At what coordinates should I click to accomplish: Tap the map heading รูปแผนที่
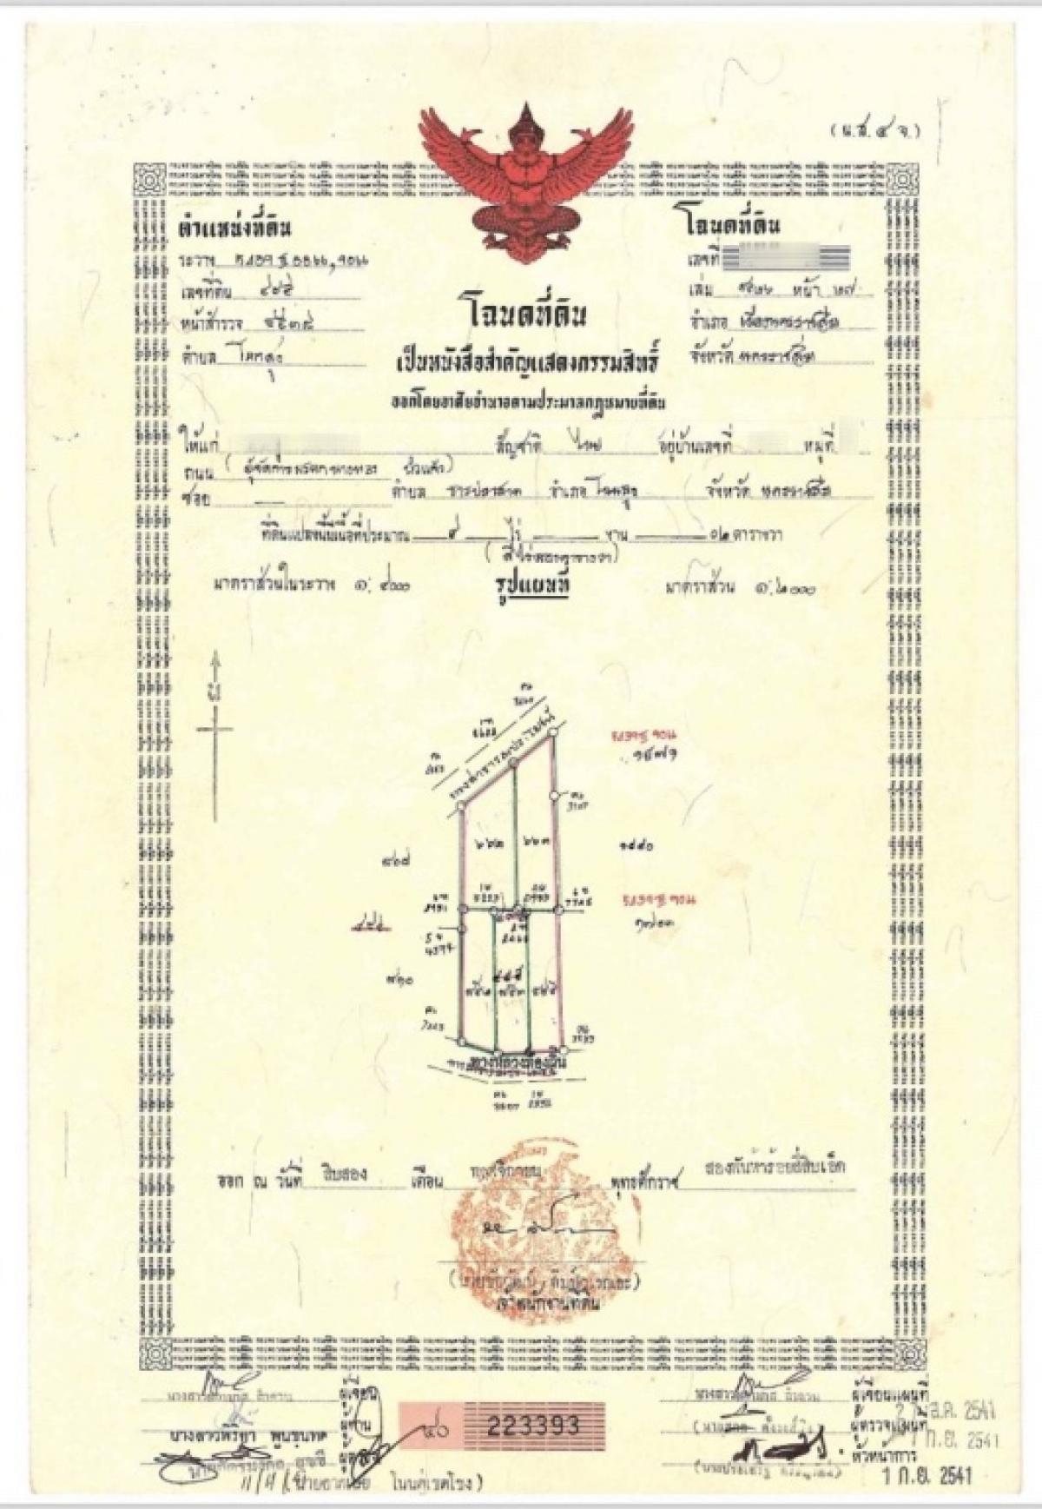coord(526,586)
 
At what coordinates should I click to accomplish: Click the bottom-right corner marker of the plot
coord(564,1038)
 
